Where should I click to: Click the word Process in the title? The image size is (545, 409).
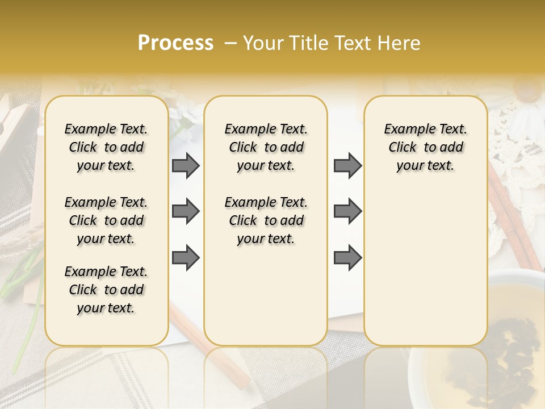coord(175,43)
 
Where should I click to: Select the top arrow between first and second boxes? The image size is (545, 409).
coord(186,165)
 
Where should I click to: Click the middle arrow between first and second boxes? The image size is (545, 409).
coord(186,211)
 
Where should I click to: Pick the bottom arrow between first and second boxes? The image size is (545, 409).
coord(186,258)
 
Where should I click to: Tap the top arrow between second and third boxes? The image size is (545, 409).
coord(347,165)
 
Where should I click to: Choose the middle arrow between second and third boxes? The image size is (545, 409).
coord(347,211)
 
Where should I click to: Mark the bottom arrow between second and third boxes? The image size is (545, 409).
coord(347,258)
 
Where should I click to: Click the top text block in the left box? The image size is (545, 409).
coord(106,147)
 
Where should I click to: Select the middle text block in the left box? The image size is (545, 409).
coord(106,220)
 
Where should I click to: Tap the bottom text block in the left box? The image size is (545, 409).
coord(106,290)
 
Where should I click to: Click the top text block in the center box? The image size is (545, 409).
coord(266,147)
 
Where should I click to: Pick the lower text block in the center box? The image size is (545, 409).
coord(266,220)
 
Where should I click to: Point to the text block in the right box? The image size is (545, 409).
coord(425,147)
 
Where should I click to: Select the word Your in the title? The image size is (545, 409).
coord(262,43)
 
